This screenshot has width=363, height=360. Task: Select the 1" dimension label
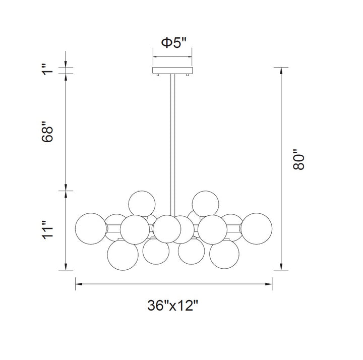[47, 70]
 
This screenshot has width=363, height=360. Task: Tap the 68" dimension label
[47, 132]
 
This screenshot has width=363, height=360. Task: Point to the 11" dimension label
[47, 230]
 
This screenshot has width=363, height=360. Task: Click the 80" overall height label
[299, 159]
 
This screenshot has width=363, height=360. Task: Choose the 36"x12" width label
[173, 306]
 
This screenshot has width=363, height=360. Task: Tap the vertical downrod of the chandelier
[173, 141]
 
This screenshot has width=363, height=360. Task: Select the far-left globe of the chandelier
[91, 228]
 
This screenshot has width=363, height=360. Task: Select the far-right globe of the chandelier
[256, 228]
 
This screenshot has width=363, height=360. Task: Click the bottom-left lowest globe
[123, 254]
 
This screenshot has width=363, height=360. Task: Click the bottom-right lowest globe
[225, 255]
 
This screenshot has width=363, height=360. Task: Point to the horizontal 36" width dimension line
[173, 284]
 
